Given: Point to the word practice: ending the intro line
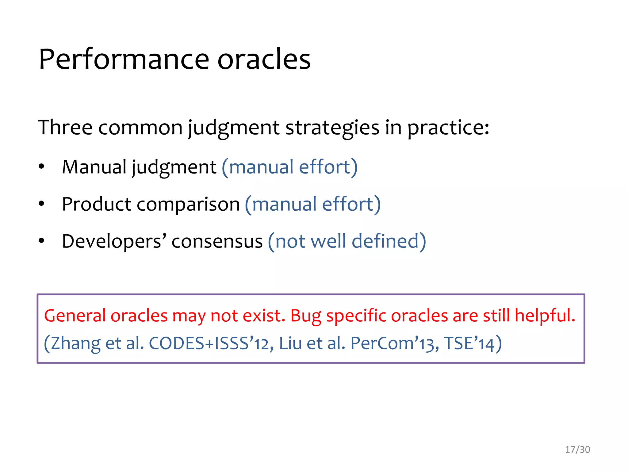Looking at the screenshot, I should click(448, 128).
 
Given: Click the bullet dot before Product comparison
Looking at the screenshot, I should click(41, 204).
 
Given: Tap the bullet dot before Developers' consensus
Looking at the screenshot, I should click(41, 241).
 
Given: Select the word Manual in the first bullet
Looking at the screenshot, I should click(94, 167).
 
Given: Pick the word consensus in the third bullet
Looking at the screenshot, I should click(217, 241).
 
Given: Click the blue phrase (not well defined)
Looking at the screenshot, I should click(347, 241).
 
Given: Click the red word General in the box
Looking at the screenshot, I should click(75, 316).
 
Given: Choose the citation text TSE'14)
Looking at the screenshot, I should click(473, 343).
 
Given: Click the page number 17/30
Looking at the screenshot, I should click(577, 450).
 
